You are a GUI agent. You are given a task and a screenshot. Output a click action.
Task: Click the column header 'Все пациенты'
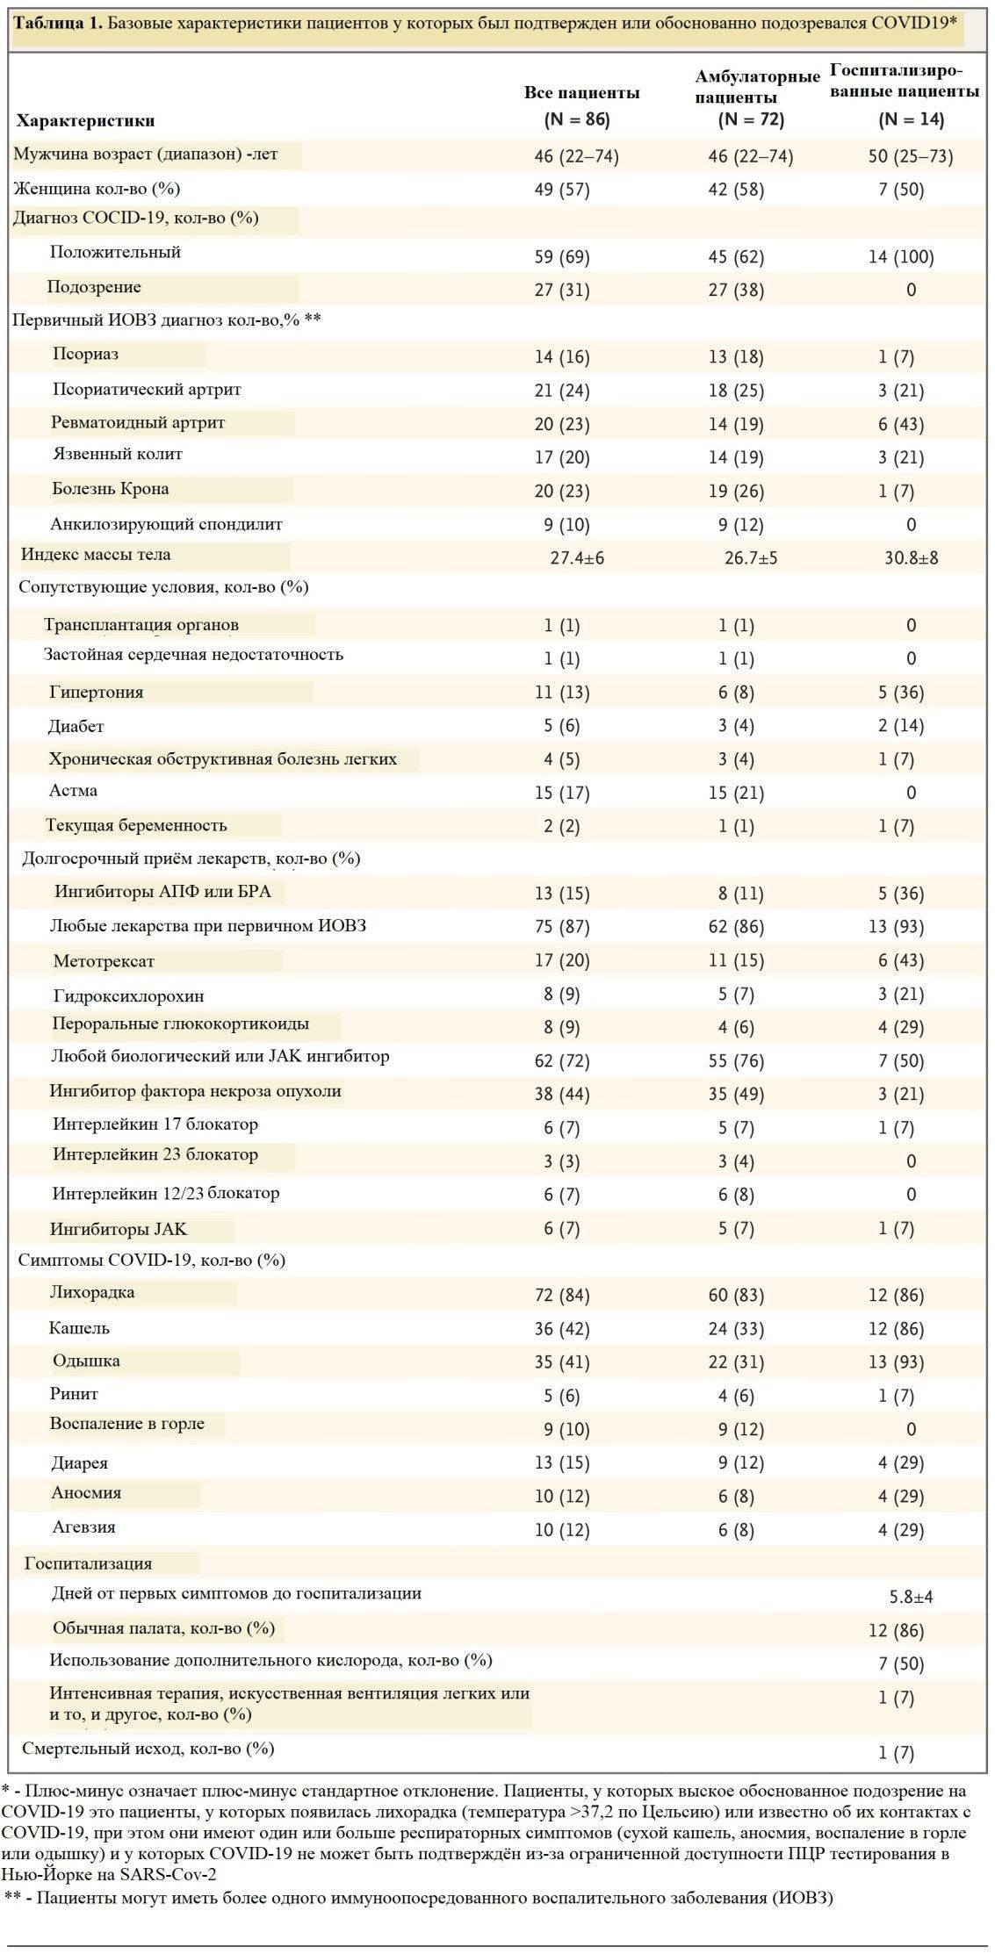(581, 92)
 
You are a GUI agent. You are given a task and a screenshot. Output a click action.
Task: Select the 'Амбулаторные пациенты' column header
(757, 87)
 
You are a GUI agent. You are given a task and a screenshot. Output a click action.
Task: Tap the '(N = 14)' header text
(912, 119)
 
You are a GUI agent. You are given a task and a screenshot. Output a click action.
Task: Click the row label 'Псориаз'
(85, 355)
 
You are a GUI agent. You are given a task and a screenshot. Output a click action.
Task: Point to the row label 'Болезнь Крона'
(111, 489)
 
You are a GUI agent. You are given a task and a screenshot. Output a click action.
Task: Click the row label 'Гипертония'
(97, 693)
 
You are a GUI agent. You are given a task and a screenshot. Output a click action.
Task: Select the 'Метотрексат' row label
(104, 961)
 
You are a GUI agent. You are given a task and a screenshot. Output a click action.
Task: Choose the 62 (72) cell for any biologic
(562, 1061)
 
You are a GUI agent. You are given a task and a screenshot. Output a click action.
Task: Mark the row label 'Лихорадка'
(92, 1293)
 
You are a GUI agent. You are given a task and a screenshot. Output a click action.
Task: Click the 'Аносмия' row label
(86, 1493)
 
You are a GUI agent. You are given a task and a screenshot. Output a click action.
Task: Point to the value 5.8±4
(912, 1597)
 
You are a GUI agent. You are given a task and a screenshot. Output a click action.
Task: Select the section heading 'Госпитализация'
(89, 1563)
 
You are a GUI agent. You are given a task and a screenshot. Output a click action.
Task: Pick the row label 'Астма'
(74, 791)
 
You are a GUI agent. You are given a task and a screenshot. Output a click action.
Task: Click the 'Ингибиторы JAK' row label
(119, 1229)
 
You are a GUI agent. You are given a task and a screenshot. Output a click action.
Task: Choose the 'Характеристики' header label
(86, 121)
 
